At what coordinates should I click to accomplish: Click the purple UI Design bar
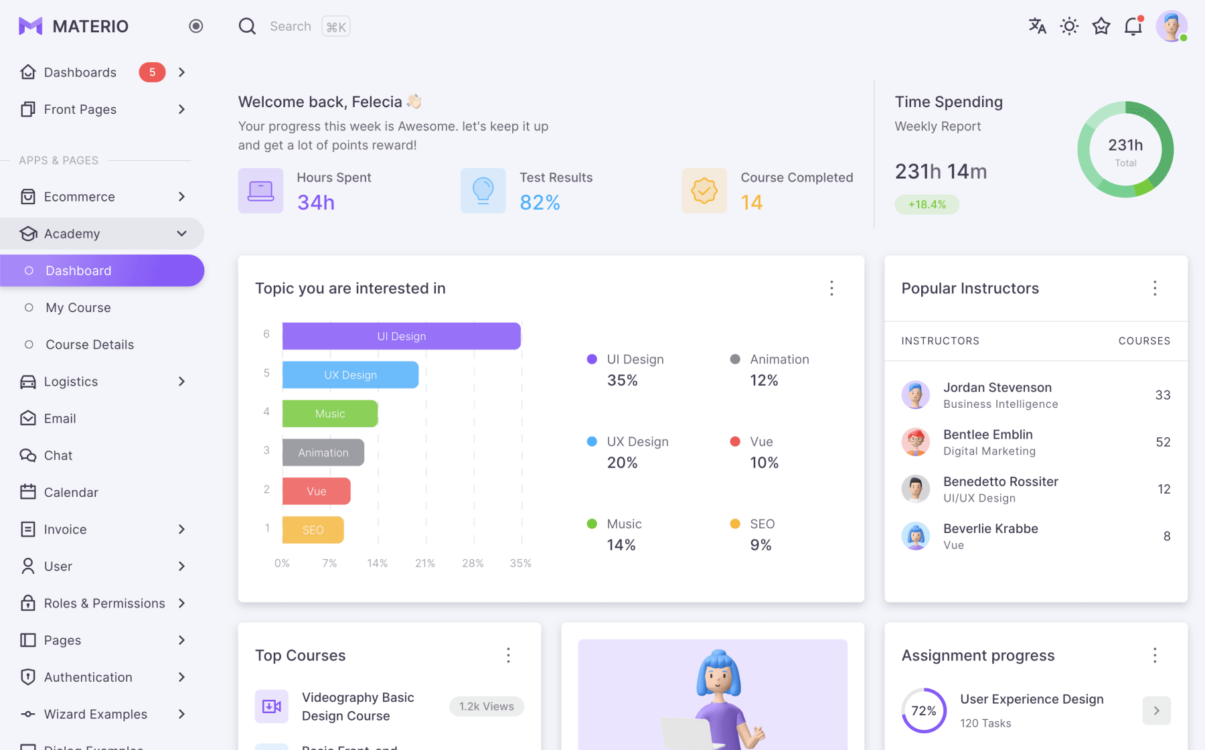point(402,336)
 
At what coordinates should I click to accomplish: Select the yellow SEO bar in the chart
point(313,530)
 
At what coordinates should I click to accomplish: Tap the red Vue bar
point(316,492)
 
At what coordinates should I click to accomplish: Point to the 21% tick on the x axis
point(425,563)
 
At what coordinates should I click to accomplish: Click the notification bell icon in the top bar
point(1133,26)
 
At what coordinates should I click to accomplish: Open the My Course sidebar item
point(78,307)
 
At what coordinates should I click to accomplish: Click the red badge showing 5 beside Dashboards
point(152,72)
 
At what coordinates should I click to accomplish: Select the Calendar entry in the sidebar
point(71,492)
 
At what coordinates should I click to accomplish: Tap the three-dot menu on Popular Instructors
point(1155,288)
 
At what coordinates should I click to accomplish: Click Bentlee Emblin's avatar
point(915,442)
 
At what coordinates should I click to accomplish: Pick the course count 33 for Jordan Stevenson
point(1163,395)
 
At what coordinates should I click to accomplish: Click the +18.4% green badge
point(927,204)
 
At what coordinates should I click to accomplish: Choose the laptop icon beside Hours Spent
point(260,191)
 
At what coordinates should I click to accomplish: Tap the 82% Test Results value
point(540,202)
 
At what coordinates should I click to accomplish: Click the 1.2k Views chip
point(487,706)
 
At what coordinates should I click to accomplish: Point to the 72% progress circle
point(924,710)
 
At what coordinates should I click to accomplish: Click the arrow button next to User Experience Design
point(1156,710)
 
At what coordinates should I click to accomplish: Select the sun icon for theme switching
point(1069,26)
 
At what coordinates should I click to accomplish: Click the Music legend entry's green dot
point(592,524)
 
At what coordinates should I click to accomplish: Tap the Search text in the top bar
point(291,26)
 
